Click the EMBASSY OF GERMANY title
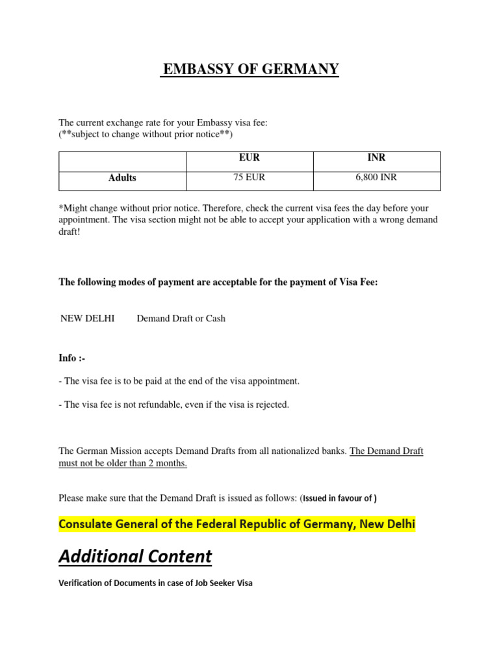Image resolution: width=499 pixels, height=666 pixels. pyautogui.click(x=250, y=69)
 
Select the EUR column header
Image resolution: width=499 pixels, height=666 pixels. pyautogui.click(x=249, y=157)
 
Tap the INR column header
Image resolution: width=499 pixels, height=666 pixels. pyautogui.click(x=376, y=157)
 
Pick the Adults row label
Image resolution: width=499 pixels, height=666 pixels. pyautogui.click(x=122, y=178)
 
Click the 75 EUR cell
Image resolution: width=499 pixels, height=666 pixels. pyautogui.click(x=249, y=177)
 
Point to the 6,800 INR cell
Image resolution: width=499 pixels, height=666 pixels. pyautogui.click(x=376, y=177)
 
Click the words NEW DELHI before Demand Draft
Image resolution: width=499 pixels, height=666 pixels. pyautogui.click(x=87, y=319)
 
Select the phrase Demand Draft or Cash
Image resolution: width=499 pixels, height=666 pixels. pyautogui.click(x=181, y=319)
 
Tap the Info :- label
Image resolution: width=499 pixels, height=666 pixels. pyautogui.click(x=72, y=358)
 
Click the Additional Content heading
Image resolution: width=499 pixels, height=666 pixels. pyautogui.click(x=135, y=557)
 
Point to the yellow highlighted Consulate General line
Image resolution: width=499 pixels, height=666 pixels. pyautogui.click(x=237, y=524)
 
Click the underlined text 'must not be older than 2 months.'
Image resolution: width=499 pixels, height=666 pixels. pyautogui.click(x=123, y=463)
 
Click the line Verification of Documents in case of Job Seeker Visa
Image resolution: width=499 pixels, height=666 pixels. pyautogui.click(x=155, y=583)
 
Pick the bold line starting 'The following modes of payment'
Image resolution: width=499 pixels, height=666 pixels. pyautogui.click(x=218, y=282)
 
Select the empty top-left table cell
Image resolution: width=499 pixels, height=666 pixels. pyautogui.click(x=122, y=158)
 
